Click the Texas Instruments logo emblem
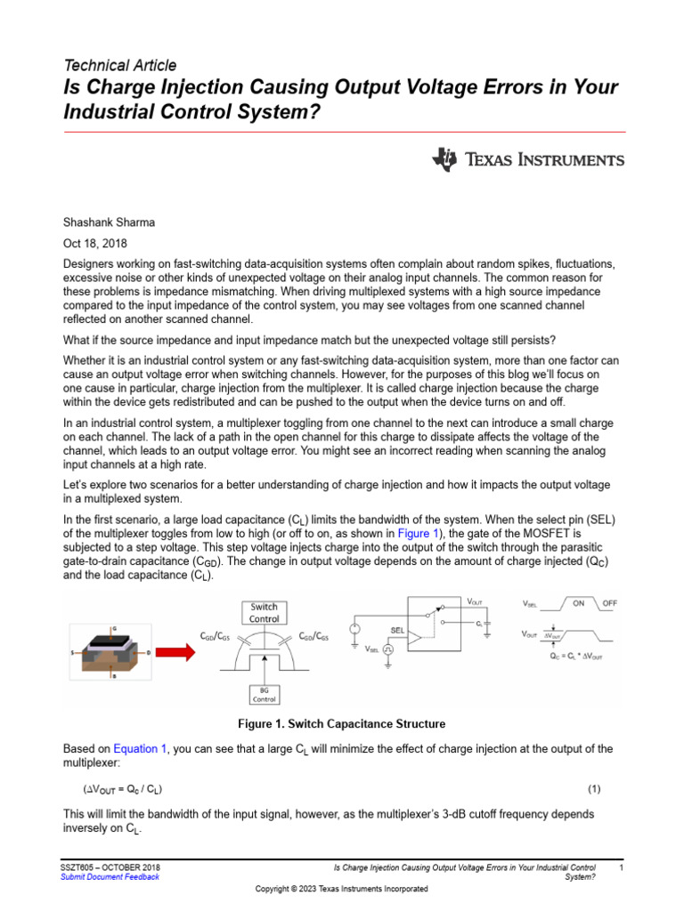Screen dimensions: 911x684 click(x=445, y=160)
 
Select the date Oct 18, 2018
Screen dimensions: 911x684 click(x=95, y=242)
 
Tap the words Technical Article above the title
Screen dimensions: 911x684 click(x=120, y=65)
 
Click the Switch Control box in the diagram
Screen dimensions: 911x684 click(x=264, y=613)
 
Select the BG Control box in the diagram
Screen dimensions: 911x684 click(x=264, y=695)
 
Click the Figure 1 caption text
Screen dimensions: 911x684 click(x=341, y=723)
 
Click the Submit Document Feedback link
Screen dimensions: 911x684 click(x=110, y=877)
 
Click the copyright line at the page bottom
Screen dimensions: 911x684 click(x=341, y=889)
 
